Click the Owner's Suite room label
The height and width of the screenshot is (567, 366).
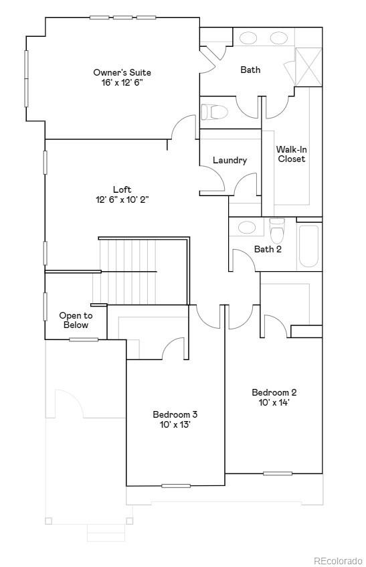pyautogui.click(x=122, y=72)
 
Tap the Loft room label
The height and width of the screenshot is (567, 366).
pyautogui.click(x=122, y=189)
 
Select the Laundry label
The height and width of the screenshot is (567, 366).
pyautogui.click(x=230, y=161)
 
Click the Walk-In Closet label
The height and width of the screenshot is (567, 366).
pyautogui.click(x=292, y=154)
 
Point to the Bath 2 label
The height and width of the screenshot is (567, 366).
pyautogui.click(x=268, y=250)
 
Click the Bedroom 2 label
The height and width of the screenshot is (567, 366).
pyautogui.click(x=274, y=392)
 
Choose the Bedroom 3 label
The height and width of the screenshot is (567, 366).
pyautogui.click(x=175, y=414)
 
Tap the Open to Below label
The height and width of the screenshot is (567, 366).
pyautogui.click(x=76, y=320)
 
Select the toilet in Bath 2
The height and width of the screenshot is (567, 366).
pyautogui.click(x=277, y=231)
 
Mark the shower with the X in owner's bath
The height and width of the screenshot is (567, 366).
pyautogui.click(x=308, y=66)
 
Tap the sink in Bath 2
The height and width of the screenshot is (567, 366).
pyautogui.click(x=246, y=227)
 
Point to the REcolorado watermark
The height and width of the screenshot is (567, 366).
pyautogui.click(x=337, y=560)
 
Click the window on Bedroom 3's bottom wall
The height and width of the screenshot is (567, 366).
pyautogui.click(x=175, y=485)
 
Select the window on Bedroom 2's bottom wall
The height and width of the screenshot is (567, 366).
pyautogui.click(x=277, y=473)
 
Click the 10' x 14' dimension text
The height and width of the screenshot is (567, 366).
pyautogui.click(x=274, y=402)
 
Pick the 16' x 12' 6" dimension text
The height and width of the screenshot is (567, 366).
pyautogui.click(x=122, y=82)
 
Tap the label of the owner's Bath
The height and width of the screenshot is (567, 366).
pyautogui.click(x=250, y=70)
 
